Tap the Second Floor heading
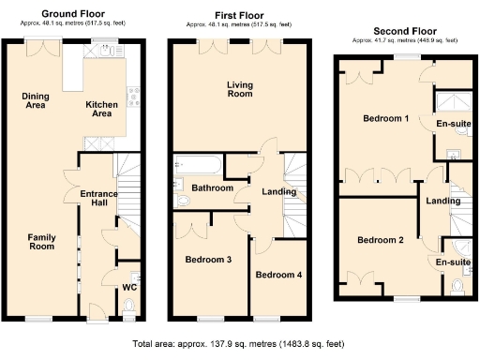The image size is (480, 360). pos(404,31)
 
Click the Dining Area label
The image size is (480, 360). pos(35,101)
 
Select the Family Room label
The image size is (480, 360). pos(41,242)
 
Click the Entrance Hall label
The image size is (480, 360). pos(100,198)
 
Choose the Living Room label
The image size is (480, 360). pos(239,90)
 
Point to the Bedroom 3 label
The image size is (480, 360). pos(207,260)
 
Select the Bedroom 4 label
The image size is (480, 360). pos(279,275)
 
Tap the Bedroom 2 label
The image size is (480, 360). pos(381,240)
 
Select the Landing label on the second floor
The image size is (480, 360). pos(442,201)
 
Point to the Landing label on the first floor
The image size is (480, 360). pos(278,192)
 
